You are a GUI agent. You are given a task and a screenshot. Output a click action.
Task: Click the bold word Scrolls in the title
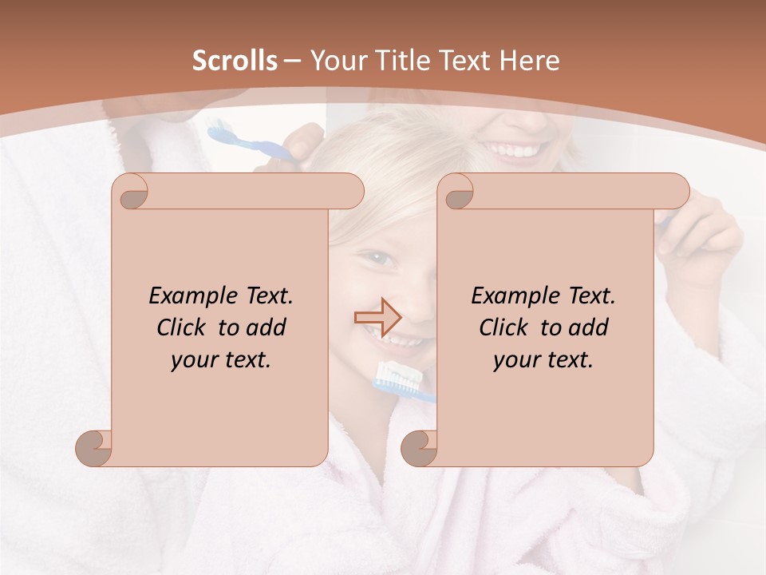coord(235,61)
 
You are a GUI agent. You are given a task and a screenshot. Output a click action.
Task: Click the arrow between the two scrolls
coord(377,317)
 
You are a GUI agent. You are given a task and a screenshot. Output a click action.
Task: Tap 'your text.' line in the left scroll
coord(221,360)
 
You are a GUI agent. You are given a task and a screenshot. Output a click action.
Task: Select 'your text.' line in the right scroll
coord(543,360)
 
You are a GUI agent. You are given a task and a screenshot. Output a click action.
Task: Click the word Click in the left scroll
coord(184,327)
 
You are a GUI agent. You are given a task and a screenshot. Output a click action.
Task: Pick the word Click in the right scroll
coord(506,327)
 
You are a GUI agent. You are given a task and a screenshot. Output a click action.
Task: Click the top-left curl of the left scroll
coord(132,192)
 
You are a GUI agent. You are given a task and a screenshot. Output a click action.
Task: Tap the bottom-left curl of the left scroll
coord(94,448)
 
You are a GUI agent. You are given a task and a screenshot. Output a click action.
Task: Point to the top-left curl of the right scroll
coord(457,192)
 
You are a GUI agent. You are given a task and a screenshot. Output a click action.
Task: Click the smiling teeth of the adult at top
coord(517,150)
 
